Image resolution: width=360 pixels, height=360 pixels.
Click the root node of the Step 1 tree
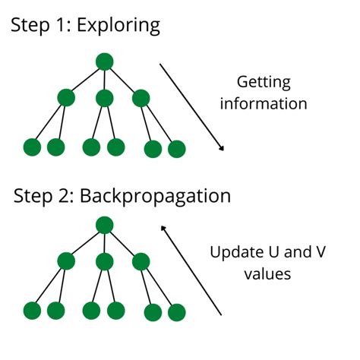pyautogui.click(x=104, y=62)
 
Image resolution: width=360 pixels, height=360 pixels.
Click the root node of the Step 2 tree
pyautogui.click(x=104, y=225)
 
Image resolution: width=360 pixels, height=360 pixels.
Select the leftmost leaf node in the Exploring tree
pyautogui.click(x=32, y=147)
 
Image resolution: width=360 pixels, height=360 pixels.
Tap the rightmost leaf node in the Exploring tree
pyautogui.click(x=176, y=148)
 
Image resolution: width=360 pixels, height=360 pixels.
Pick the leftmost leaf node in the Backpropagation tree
pyautogui.click(x=32, y=310)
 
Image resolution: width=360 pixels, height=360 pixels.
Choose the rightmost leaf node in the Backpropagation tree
pyautogui.click(x=176, y=311)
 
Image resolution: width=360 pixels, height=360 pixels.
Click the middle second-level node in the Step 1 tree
pyautogui.click(x=104, y=98)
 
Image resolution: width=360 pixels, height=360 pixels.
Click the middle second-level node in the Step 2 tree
pyautogui.click(x=104, y=261)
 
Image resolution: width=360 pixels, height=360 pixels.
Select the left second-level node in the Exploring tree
pyautogui.click(x=66, y=98)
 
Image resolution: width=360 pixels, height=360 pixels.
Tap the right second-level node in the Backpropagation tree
pyautogui.click(x=141, y=261)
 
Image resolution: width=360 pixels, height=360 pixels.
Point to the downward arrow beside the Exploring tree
pyautogui.click(x=192, y=108)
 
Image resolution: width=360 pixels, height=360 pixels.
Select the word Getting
pyautogui.click(x=264, y=83)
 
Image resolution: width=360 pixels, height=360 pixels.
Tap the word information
pyautogui.click(x=264, y=103)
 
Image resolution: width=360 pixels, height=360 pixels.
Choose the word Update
pyautogui.click(x=234, y=251)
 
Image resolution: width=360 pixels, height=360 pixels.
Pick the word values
pyautogui.click(x=267, y=273)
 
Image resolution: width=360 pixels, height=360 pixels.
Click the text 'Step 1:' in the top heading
pyautogui.click(x=38, y=25)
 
